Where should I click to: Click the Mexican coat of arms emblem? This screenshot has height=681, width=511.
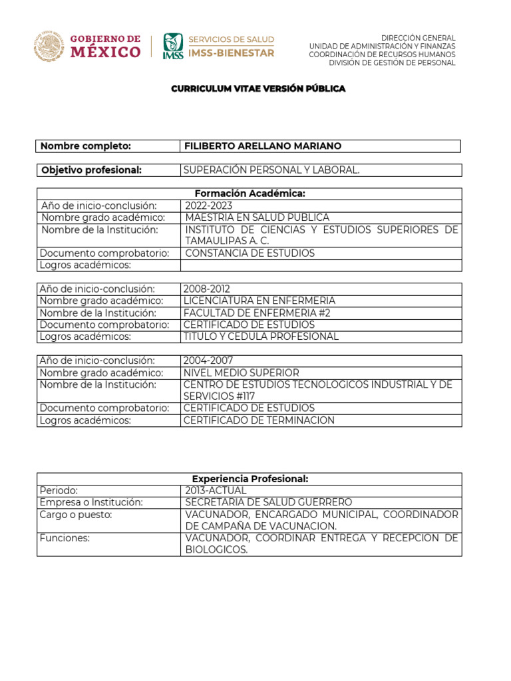pos(49,47)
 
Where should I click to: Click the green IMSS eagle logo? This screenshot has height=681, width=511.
pos(172,47)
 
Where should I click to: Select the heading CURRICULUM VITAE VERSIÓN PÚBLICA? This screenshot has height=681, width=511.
pos(258,88)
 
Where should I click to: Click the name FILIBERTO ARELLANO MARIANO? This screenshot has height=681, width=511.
pos(262,146)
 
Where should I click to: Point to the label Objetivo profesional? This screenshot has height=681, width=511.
pos(92,170)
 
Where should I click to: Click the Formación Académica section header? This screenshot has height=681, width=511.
pos(249,194)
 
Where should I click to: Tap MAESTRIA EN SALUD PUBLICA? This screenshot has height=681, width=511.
pos(257,217)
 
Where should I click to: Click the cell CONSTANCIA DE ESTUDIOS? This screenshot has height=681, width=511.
pos(250,253)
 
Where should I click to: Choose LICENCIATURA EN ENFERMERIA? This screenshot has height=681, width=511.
pos(259,301)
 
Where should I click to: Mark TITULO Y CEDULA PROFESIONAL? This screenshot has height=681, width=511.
pos(261,337)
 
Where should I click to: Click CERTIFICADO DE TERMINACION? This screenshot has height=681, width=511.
pos(259,420)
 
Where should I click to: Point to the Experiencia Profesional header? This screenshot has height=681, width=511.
pos(249,479)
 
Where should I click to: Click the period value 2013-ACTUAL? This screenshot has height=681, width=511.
pos(216,491)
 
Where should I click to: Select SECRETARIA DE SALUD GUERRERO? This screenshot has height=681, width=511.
pos(269,503)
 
